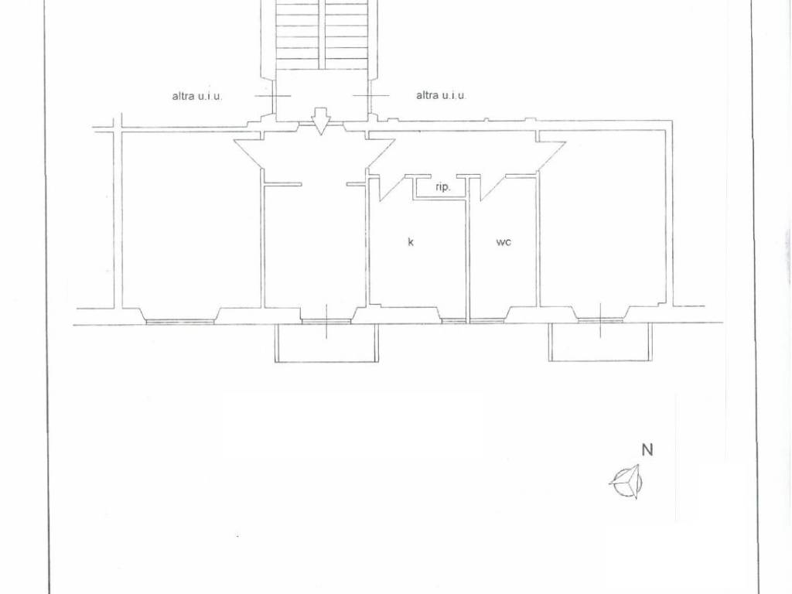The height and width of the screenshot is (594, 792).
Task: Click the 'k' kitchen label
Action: click(411, 242)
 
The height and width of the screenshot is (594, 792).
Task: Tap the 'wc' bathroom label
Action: click(504, 242)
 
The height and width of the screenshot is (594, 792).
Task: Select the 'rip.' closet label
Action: click(442, 187)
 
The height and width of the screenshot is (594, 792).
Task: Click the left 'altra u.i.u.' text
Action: click(197, 96)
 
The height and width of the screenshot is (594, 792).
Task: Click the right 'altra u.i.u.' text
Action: click(441, 95)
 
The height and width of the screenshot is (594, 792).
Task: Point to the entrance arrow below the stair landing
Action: click(321, 121)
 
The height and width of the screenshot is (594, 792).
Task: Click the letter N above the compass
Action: click(647, 449)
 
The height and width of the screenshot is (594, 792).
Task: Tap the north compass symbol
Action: click(626, 481)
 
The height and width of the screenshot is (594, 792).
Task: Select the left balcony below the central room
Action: click(326, 343)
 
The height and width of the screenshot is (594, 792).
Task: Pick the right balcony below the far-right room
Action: click(600, 343)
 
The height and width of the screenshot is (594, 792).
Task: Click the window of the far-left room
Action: click(179, 321)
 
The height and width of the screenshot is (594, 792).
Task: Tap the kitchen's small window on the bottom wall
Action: click(453, 320)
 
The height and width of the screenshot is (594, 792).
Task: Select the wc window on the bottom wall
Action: click(487, 320)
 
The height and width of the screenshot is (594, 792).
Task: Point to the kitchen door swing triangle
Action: click(393, 187)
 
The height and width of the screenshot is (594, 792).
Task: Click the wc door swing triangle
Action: click(493, 187)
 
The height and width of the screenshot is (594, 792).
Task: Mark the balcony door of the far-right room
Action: click(600, 320)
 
